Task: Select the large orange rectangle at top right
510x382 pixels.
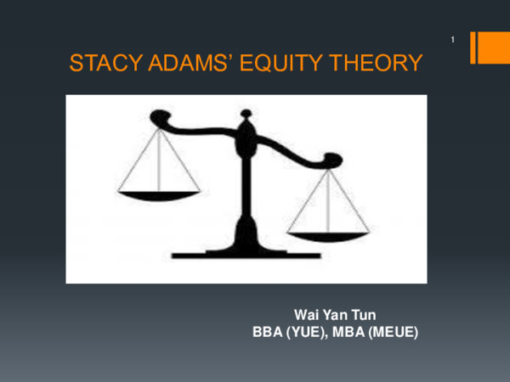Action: tap(493, 48)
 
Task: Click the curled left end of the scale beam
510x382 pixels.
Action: tap(156, 119)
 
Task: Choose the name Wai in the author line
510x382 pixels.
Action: tap(305, 317)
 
